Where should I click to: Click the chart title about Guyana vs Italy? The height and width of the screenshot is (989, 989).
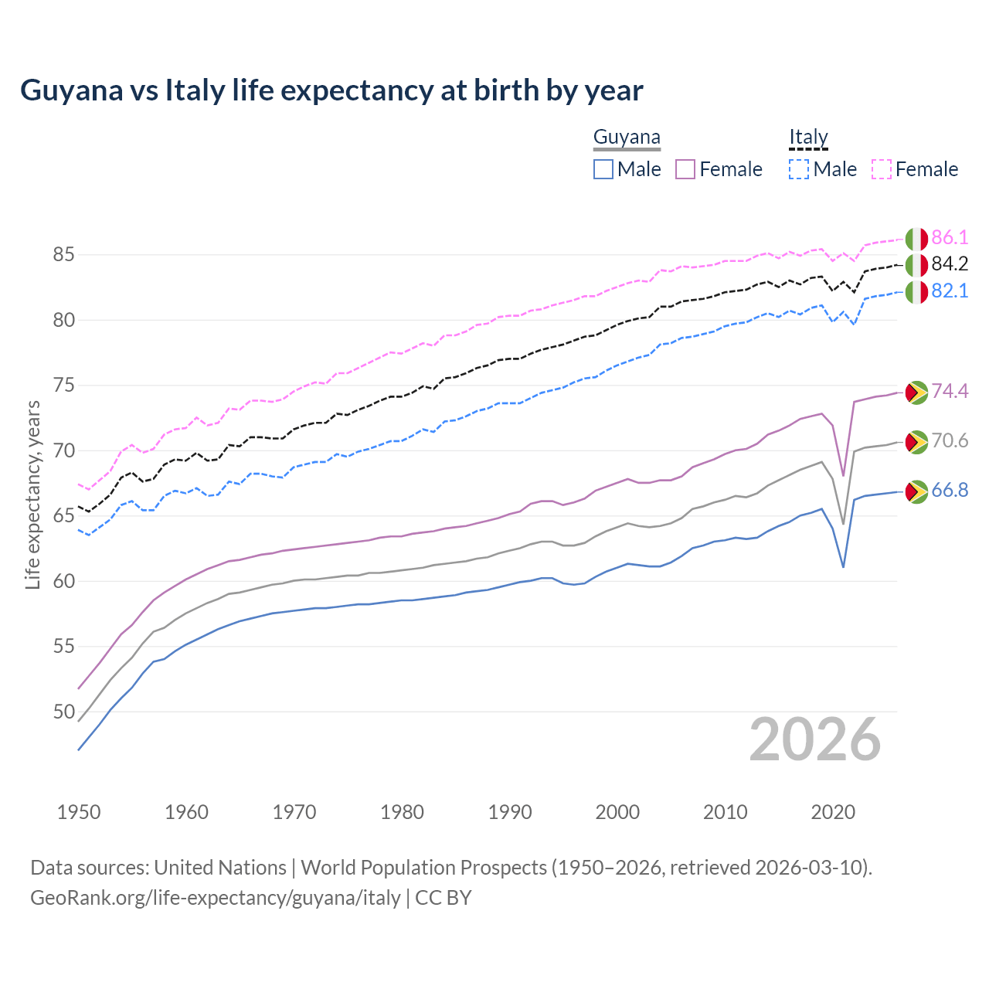click(x=331, y=90)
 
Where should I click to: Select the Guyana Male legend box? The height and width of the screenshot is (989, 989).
click(x=603, y=169)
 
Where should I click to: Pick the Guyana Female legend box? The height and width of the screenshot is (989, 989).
click(x=685, y=169)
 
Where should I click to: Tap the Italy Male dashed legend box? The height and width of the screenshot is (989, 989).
click(x=799, y=169)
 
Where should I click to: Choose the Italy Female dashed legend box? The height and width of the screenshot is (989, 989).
click(x=882, y=169)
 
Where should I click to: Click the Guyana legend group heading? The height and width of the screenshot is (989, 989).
click(x=627, y=138)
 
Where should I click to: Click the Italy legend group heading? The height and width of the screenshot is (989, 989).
click(x=808, y=138)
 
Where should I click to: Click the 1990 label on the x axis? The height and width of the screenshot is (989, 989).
click(x=510, y=812)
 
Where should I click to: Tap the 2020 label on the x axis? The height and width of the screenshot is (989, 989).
click(x=833, y=812)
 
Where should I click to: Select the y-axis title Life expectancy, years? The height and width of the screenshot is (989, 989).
click(x=32, y=494)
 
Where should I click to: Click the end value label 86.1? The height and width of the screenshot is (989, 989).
click(x=950, y=237)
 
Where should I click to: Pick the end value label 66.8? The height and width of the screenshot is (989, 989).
click(x=950, y=491)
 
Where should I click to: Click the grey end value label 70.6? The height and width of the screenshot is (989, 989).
click(x=950, y=440)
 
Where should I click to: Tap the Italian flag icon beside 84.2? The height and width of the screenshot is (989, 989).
click(x=916, y=265)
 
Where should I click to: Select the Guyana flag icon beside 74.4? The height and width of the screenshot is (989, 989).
click(x=916, y=393)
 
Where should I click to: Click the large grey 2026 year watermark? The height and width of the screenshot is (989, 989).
click(x=815, y=739)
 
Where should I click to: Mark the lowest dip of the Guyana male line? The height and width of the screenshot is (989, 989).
click(x=843, y=567)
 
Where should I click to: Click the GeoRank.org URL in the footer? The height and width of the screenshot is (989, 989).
click(x=216, y=898)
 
